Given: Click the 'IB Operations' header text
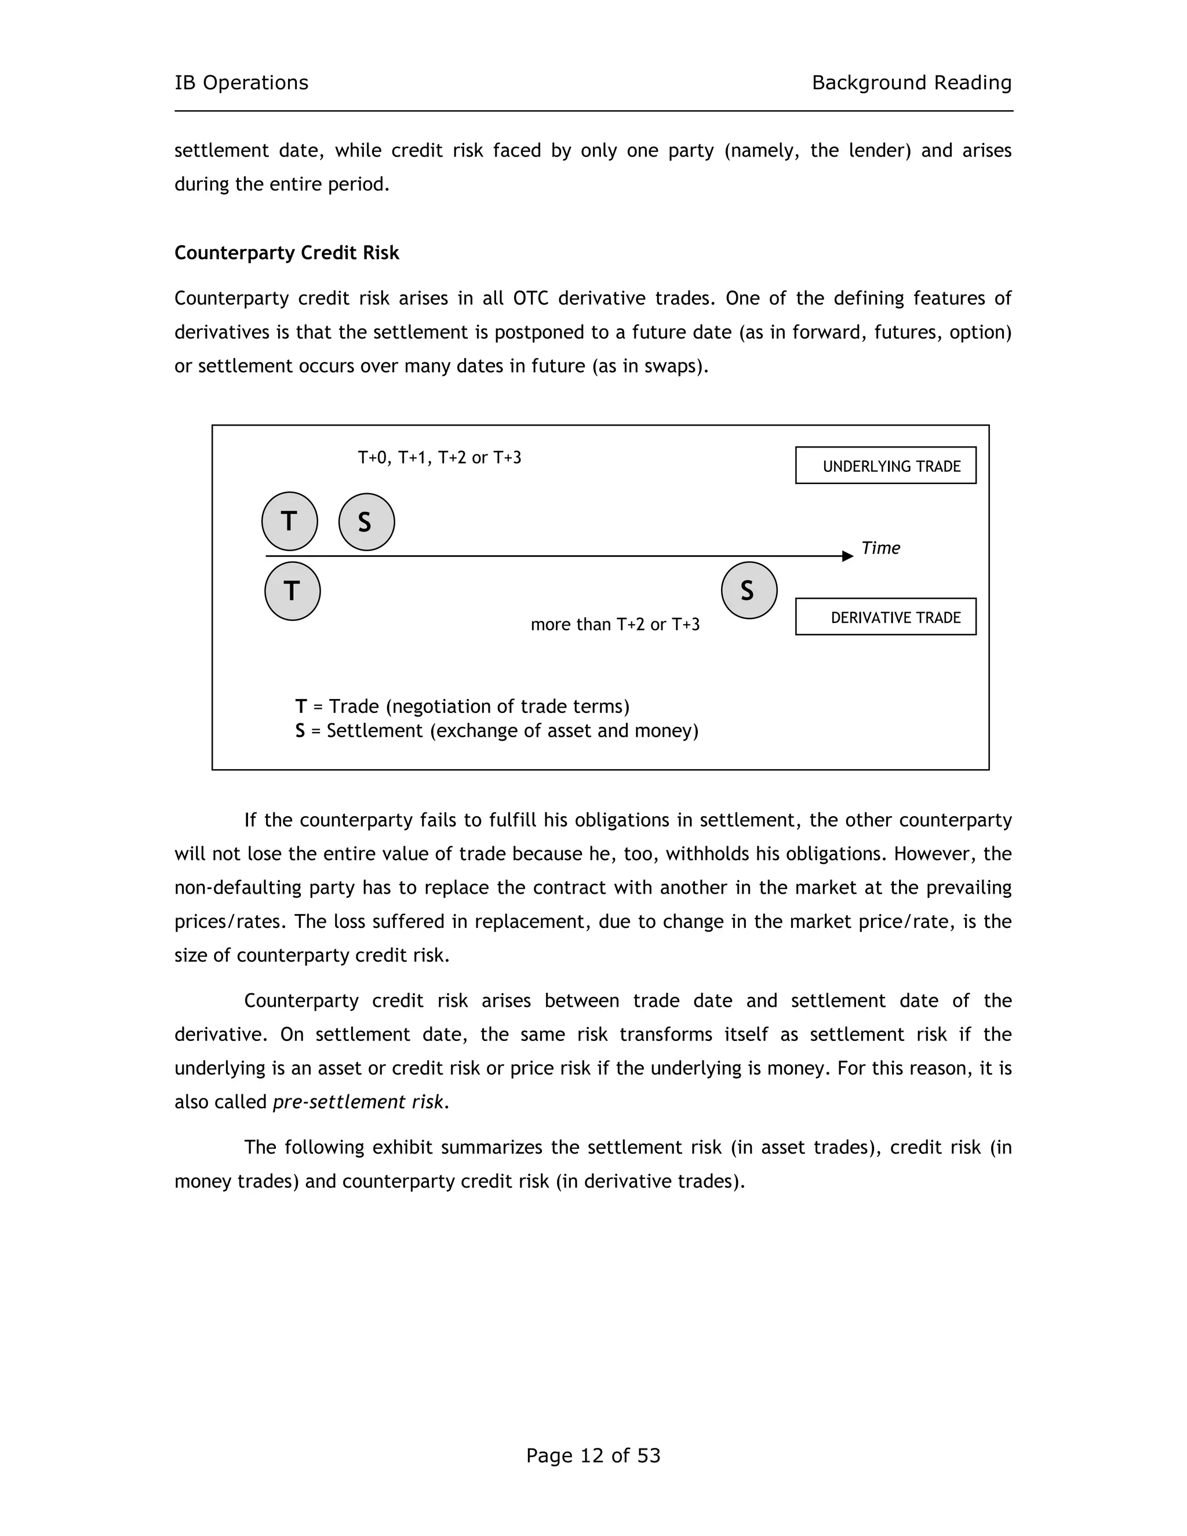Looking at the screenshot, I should (241, 83).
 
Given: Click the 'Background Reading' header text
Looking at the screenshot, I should (911, 83).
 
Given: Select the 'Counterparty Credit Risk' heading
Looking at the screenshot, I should (286, 253).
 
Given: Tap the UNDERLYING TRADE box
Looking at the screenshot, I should (886, 465).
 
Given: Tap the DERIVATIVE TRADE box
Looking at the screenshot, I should (886, 617).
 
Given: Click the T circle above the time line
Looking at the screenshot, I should (289, 521).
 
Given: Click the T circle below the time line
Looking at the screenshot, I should (292, 591).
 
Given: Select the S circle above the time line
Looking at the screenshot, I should (366, 522).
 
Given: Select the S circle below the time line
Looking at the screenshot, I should (748, 590).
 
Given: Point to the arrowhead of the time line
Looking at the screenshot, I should (847, 556).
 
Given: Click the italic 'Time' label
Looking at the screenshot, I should (880, 548).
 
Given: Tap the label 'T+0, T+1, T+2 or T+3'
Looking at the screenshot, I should (439, 458).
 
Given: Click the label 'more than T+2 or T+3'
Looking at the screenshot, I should (614, 624).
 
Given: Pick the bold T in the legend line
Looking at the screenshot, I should (301, 706).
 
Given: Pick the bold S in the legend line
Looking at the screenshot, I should (300, 731).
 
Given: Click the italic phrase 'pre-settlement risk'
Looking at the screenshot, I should (359, 1102).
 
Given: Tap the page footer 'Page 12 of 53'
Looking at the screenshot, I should (593, 1455).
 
